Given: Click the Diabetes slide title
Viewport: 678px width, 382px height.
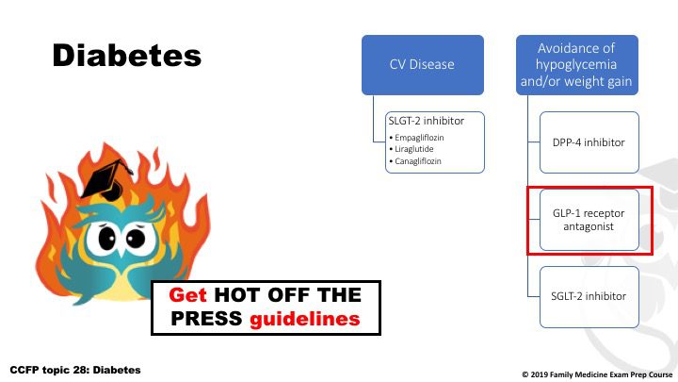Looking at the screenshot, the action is [x=127, y=55].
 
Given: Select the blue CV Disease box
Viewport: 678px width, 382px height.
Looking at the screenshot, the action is [x=423, y=65].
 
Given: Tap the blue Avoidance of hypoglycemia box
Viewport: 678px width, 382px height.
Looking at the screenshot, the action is [x=577, y=65].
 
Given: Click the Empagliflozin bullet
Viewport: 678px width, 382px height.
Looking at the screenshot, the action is [x=416, y=138].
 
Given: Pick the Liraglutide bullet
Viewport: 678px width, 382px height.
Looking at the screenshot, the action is [x=412, y=149].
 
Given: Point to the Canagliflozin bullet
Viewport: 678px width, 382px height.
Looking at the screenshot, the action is [x=415, y=161].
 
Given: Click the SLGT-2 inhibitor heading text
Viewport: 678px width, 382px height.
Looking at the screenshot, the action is [x=426, y=121].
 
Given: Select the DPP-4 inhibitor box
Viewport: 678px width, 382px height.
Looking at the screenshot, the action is [x=589, y=142].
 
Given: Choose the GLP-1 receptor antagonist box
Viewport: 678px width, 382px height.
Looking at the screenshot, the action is [x=589, y=220].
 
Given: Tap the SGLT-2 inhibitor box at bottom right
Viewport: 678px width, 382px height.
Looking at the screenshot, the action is [x=589, y=297].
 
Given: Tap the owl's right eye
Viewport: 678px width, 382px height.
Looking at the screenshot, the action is [x=136, y=238].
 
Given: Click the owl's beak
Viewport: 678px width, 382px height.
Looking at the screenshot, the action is [x=121, y=251].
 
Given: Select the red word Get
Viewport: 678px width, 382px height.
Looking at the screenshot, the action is [x=187, y=295].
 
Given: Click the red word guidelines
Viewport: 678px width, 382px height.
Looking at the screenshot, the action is [x=305, y=319].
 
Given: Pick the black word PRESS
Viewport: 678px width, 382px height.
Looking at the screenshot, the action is [x=206, y=319].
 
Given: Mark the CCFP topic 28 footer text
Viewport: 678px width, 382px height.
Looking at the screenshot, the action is [x=75, y=370].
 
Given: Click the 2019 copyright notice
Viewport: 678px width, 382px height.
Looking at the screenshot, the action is [x=597, y=374].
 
